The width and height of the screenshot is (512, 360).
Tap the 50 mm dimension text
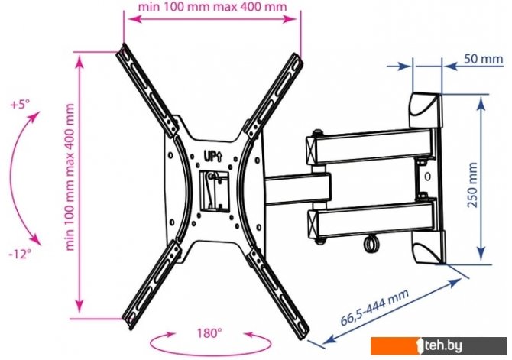(483, 59)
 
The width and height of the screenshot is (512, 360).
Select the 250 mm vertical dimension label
(472, 185)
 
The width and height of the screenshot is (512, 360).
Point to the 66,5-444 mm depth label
(374, 307)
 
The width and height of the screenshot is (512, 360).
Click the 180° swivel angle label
(209, 333)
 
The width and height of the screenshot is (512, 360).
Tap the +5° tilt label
(20, 105)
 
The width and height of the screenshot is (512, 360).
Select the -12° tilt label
(20, 254)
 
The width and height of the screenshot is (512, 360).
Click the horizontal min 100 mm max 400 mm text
(212, 7)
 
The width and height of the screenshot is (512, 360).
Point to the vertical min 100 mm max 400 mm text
(70, 177)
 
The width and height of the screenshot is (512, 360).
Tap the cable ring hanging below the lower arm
(371, 244)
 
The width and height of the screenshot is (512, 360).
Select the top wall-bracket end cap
(426, 110)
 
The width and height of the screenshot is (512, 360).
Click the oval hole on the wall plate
(428, 177)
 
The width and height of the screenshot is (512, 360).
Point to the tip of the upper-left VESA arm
(122, 47)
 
